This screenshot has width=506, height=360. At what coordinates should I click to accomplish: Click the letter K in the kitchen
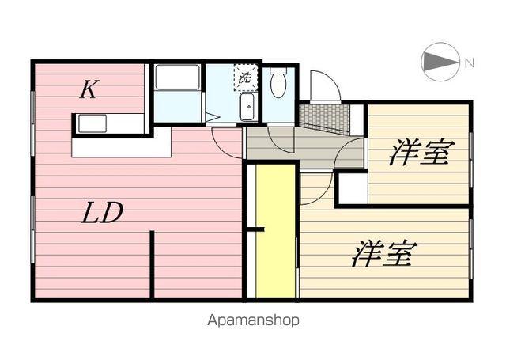88,90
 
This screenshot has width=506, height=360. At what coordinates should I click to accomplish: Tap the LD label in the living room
104,214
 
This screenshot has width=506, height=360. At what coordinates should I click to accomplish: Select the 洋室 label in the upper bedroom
418,153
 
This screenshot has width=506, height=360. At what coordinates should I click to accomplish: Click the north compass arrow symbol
440,62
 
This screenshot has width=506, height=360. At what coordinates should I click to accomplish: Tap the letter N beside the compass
469,63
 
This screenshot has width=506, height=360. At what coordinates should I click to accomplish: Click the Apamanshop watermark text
253,321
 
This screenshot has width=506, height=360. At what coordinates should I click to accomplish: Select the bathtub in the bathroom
177,78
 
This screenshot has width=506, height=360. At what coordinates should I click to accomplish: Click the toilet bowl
278,82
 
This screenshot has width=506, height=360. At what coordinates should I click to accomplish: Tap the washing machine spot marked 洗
245,78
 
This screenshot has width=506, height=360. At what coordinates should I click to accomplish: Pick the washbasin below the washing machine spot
247,107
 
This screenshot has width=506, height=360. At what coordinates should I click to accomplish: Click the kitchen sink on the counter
92,124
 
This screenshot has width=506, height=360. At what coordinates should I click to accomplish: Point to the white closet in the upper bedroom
351,189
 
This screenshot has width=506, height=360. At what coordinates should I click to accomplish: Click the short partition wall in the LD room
151,265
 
